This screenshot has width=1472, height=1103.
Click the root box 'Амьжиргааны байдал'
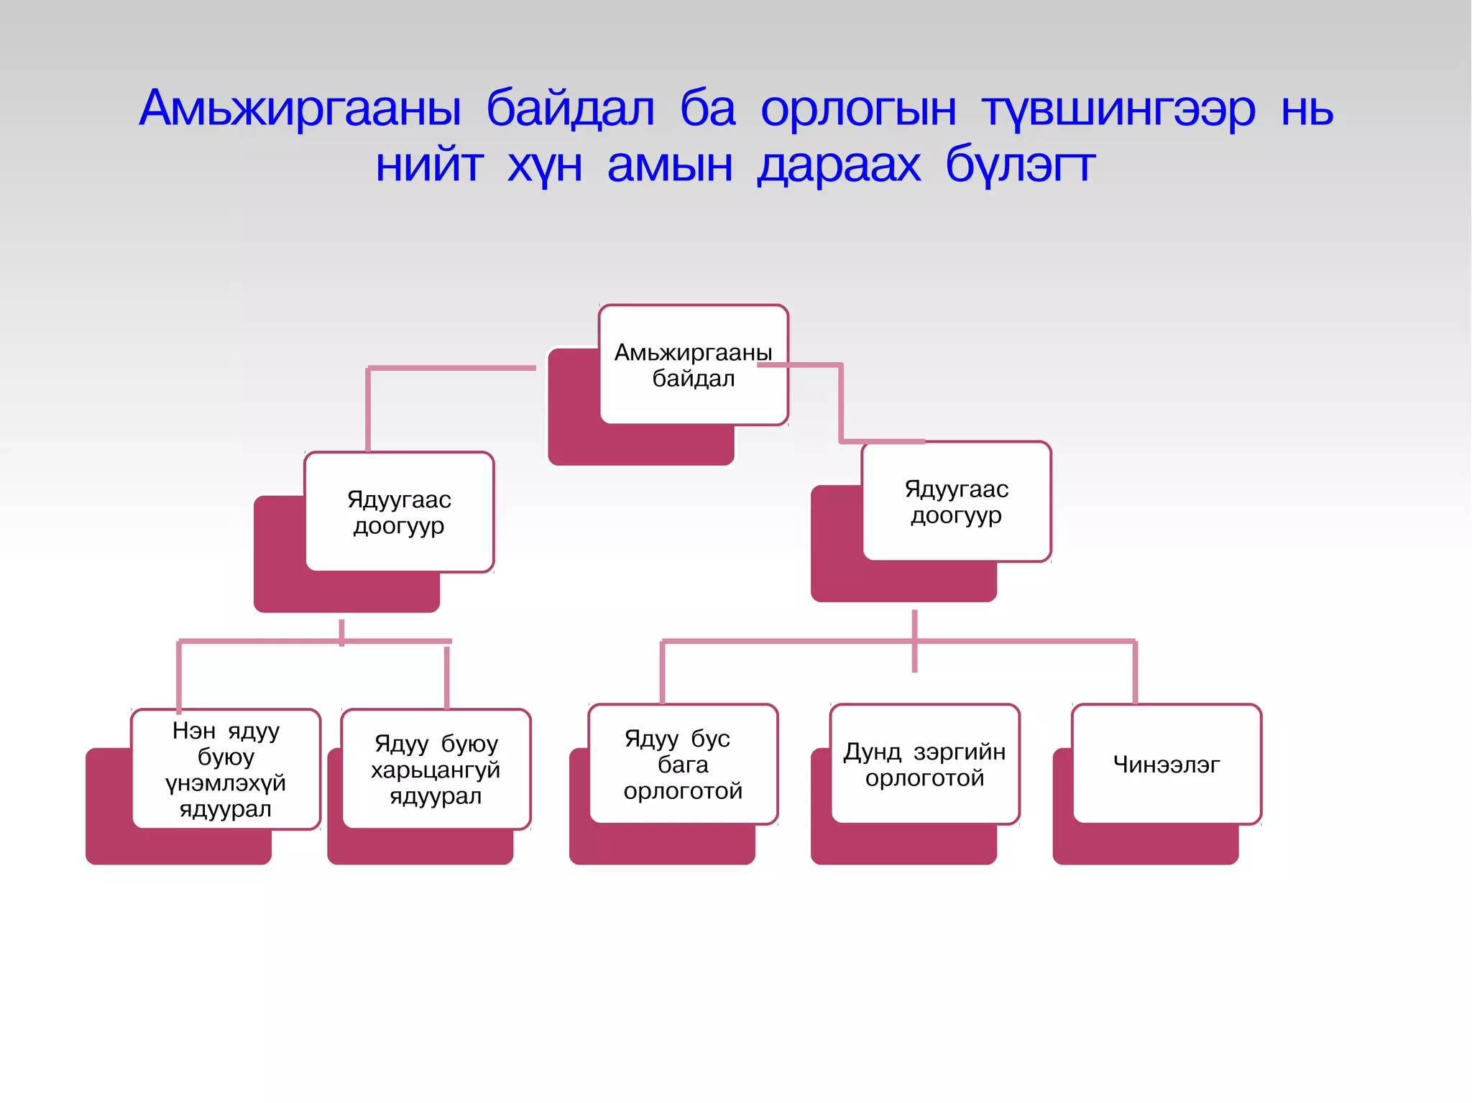693,365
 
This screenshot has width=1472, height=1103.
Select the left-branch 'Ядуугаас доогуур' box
399,512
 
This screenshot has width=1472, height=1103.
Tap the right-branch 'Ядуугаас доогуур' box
956,502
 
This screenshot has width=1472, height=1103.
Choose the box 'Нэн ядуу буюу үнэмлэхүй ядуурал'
226,769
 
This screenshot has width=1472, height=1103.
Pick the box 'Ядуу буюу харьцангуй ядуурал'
436,769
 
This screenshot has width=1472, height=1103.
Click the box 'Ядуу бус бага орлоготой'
683,764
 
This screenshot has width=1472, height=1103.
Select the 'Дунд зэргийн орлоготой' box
924,764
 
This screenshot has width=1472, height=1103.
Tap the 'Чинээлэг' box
1166,764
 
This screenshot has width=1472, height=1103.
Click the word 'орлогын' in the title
858,110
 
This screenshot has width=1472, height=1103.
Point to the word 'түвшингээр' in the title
1118,110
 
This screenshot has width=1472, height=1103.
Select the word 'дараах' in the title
839,165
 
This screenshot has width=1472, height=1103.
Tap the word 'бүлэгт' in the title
1020,165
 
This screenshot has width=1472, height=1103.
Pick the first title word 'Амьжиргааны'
300,110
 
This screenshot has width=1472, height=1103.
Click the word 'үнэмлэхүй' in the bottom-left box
226,783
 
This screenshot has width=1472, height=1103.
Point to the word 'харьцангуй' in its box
436,770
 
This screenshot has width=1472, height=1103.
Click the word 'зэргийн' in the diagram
960,752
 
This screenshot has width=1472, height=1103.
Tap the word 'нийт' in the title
429,165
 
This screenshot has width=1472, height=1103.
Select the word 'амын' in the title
670,165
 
